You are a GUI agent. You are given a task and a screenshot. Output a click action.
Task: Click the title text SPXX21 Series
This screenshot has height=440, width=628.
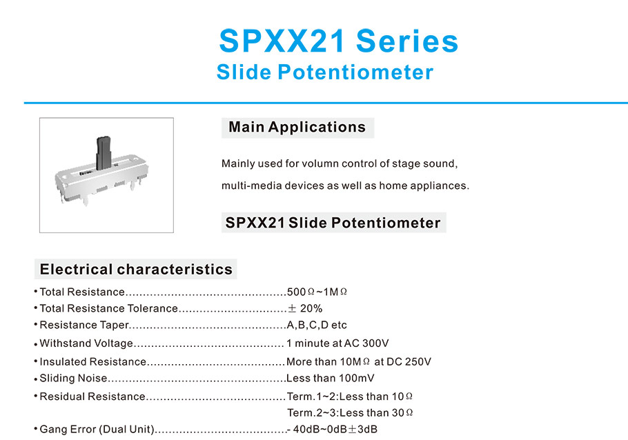[x=338, y=41]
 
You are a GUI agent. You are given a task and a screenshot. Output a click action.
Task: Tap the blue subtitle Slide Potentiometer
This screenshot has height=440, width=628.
[x=325, y=72]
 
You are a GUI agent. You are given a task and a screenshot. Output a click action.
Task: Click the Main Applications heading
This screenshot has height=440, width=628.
[x=297, y=127]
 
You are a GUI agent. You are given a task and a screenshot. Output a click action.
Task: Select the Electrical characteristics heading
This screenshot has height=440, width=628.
[x=136, y=269]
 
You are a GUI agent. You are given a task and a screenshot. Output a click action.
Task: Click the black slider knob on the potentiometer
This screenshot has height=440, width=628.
[x=104, y=152]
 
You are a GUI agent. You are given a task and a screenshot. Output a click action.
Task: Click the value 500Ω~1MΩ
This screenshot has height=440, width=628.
[x=317, y=292]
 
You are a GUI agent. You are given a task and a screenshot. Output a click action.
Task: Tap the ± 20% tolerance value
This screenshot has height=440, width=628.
[x=305, y=308]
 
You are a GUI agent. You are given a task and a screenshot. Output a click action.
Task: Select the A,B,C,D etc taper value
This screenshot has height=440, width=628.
[x=317, y=325]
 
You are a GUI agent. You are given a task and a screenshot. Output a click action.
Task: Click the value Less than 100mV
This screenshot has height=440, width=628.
[x=331, y=378]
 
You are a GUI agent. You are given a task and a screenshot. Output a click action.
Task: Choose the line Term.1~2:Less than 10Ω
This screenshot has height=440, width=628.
[x=350, y=397]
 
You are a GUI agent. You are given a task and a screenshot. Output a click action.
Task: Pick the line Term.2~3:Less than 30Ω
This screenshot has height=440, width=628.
[x=350, y=413]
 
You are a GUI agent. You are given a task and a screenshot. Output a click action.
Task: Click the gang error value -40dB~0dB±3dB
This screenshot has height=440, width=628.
[x=332, y=429]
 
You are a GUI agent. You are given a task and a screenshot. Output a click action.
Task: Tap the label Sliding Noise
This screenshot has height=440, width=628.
[x=73, y=378]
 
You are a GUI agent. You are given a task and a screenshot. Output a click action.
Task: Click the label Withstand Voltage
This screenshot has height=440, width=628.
[x=86, y=343]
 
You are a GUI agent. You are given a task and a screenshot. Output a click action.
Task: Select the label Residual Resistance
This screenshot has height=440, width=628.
[x=92, y=397]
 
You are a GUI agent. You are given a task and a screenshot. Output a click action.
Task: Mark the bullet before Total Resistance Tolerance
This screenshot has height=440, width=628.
[x=36, y=308]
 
